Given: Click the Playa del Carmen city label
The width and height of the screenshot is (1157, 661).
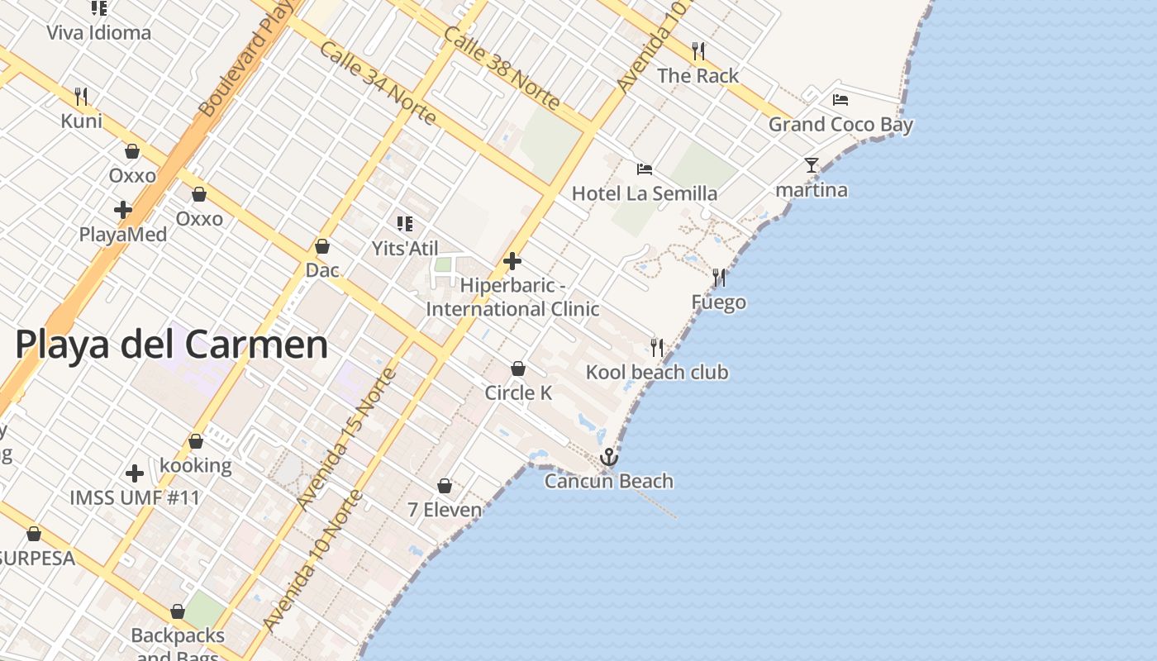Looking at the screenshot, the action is [171, 344].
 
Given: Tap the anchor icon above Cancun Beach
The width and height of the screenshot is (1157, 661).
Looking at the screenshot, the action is [609, 457].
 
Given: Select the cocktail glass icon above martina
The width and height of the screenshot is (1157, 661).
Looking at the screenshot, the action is [812, 165].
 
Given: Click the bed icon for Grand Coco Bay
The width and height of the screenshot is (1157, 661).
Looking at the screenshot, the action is [840, 100].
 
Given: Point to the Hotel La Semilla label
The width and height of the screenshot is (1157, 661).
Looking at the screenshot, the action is [645, 194].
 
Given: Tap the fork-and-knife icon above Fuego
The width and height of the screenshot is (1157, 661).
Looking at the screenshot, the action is [719, 278].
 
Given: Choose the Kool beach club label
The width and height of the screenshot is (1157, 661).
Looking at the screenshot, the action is [657, 373].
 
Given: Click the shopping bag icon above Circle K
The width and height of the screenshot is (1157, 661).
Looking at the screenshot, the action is [518, 369].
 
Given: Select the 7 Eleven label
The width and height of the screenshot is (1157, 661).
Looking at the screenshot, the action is [445, 510].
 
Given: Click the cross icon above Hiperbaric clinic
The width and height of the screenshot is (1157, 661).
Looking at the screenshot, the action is [512, 262].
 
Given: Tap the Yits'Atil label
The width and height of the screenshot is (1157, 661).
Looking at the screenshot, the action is [405, 249].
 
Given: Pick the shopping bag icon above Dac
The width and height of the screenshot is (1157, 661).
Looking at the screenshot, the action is [322, 246].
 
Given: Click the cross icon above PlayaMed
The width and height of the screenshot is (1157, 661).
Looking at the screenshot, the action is [123, 210].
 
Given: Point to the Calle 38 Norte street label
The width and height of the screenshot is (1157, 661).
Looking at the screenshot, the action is [502, 68].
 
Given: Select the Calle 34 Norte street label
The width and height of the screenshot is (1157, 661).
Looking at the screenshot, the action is [378, 83].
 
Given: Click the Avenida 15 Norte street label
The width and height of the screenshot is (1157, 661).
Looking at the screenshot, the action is [347, 440].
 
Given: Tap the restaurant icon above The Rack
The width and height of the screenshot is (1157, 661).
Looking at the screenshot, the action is [698, 51].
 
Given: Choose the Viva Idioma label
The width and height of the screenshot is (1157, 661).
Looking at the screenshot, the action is [99, 33].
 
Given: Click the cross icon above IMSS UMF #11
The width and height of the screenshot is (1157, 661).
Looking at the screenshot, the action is [135, 473].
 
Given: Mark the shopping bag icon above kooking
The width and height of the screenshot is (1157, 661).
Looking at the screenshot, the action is [196, 442].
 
